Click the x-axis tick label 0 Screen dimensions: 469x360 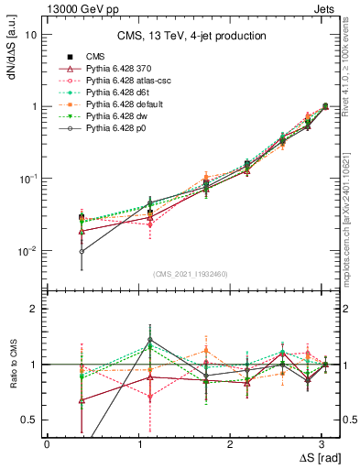[x=47, y=443]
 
